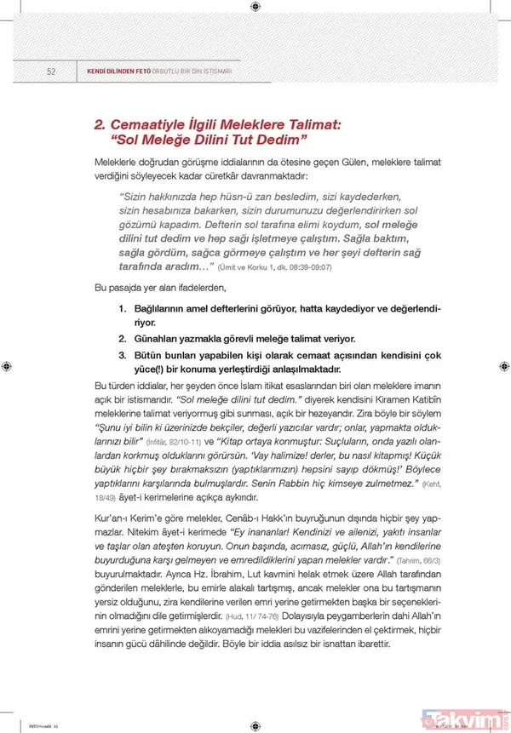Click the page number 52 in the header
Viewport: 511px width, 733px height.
[x=51, y=72]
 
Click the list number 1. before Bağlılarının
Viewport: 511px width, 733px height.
[x=123, y=306]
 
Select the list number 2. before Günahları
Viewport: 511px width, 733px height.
[x=123, y=338]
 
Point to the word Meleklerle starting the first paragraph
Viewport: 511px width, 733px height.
[x=118, y=162]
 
